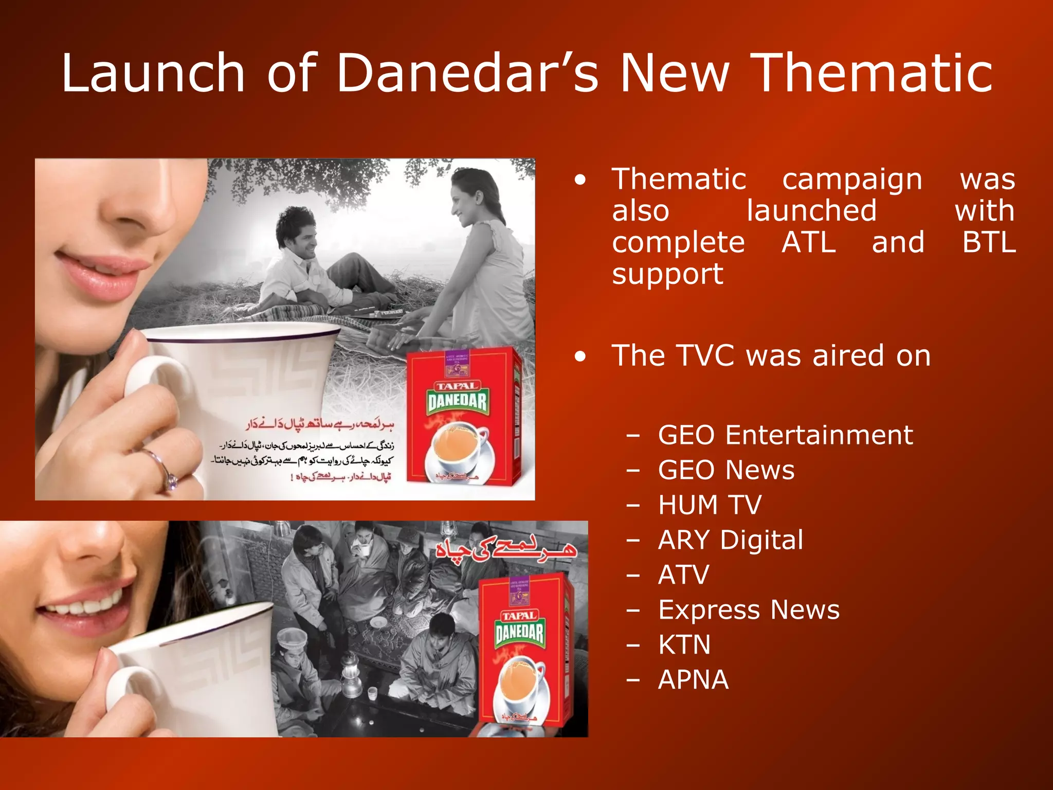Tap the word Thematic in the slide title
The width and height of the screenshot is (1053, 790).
[871, 73]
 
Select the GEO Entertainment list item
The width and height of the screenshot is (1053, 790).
[785, 435]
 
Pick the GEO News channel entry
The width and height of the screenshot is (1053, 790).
[726, 470]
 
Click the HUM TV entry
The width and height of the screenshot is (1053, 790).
[710, 505]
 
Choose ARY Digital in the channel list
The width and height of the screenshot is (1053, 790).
[730, 540]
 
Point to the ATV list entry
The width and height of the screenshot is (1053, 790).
[683, 574]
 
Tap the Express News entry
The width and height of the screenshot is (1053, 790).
[749, 610]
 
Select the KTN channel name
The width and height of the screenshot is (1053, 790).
[684, 644]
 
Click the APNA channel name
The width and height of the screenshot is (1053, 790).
[693, 679]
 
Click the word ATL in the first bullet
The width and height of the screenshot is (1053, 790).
[808, 242]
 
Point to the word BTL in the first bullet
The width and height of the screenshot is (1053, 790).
[989, 242]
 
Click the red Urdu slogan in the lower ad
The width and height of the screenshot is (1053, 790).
[506, 550]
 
